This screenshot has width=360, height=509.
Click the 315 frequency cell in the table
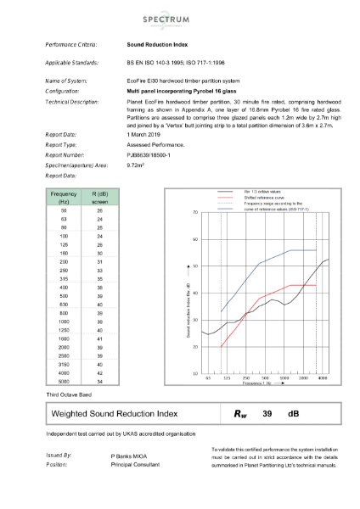point(65,277)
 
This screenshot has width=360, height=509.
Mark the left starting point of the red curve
point(221,347)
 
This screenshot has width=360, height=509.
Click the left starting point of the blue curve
point(221,311)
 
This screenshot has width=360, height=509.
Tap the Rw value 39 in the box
point(266,413)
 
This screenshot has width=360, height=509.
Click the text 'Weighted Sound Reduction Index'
point(115,413)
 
